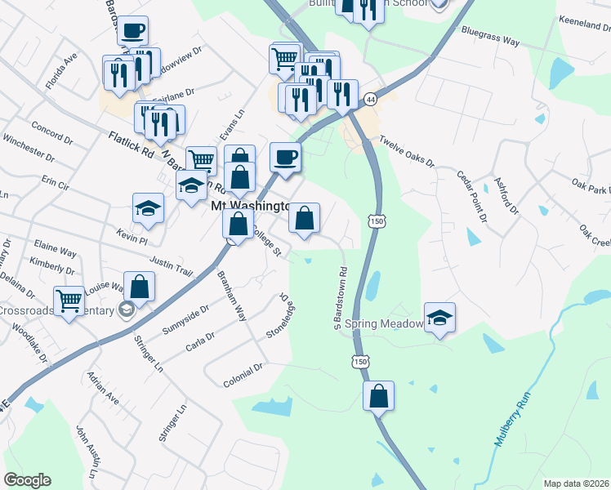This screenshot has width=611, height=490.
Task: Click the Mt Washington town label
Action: (251, 207)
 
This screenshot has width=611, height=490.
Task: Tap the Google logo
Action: (27, 480)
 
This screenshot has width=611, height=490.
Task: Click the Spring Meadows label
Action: (384, 324)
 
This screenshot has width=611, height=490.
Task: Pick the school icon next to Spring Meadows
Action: (439, 318)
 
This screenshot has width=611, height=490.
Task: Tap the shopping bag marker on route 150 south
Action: (379, 397)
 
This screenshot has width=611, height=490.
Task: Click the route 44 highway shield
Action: (371, 98)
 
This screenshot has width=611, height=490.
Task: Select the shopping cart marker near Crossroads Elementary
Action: (69, 301)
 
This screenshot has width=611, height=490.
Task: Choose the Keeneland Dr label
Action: (584, 24)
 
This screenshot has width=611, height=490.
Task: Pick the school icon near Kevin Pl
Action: (149, 209)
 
